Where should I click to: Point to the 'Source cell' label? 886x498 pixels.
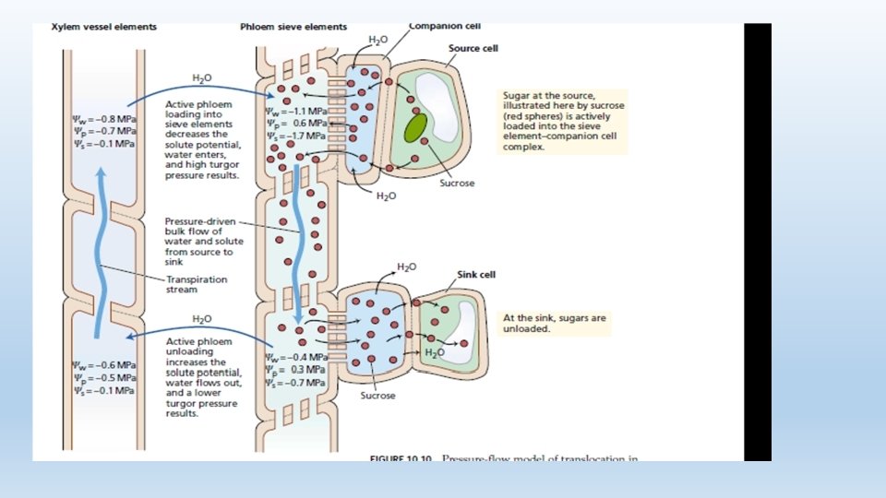click(x=473, y=48)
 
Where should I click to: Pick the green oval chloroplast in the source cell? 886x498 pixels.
click(x=416, y=126)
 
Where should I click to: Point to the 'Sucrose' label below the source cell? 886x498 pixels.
click(x=457, y=184)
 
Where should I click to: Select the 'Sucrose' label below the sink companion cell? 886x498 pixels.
click(x=377, y=396)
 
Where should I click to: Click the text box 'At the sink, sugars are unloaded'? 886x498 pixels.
click(x=555, y=323)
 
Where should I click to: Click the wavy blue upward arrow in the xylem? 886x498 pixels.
click(x=101, y=240)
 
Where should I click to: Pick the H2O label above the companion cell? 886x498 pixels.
click(x=378, y=40)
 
